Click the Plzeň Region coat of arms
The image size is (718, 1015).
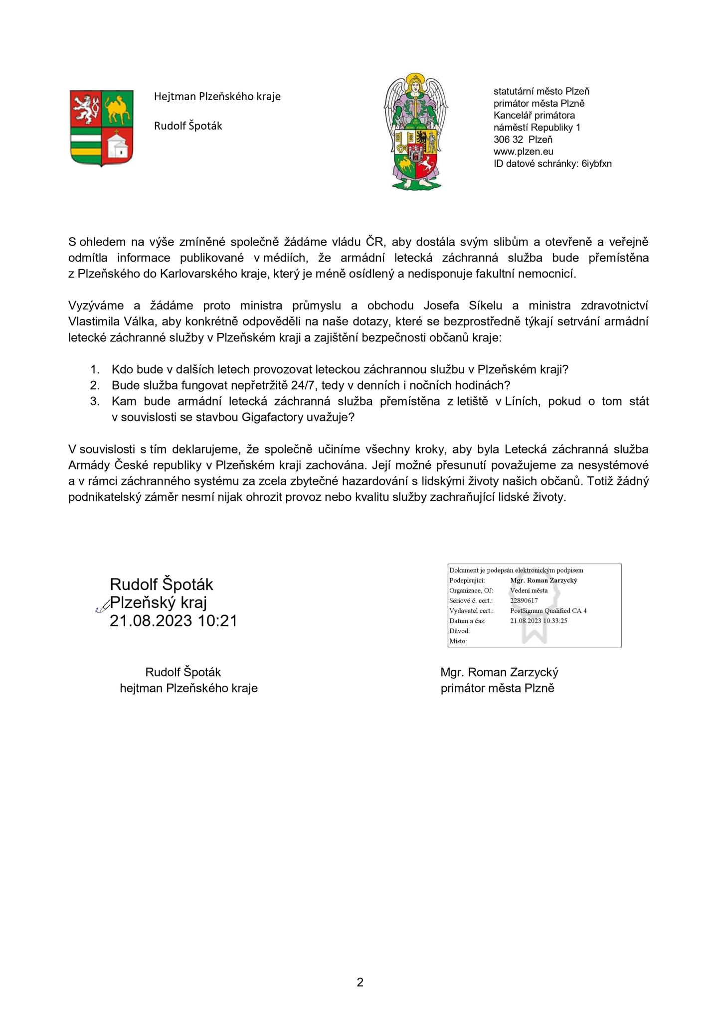coord(102,128)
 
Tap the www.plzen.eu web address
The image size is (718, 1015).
coord(523,151)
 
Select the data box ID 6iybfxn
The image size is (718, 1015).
coord(596,163)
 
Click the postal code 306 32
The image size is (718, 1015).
coord(508,140)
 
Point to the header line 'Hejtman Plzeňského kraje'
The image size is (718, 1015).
coord(217,96)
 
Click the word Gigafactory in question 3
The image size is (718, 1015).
coord(273,417)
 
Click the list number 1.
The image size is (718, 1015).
coord(95,369)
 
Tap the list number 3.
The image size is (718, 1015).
coord(95,401)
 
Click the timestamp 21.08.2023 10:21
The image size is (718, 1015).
coord(174,620)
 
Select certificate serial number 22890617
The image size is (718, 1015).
coord(524,600)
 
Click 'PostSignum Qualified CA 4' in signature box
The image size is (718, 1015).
coord(548,610)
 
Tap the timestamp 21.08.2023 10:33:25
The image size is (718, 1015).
coord(538,621)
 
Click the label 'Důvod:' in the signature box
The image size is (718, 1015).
coord(459,631)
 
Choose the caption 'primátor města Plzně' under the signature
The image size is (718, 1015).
coord(497,688)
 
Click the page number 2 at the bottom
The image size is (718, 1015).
coord(360,982)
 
